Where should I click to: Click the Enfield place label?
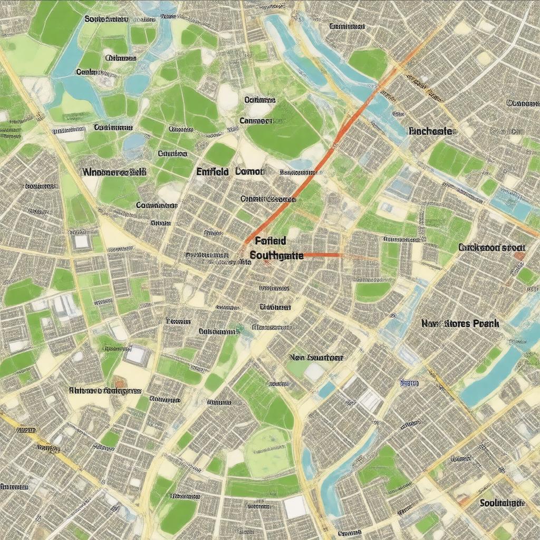[x=212, y=171]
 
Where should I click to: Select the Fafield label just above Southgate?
[x=270, y=241]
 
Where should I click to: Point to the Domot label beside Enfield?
[x=252, y=171]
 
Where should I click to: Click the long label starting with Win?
[x=114, y=171]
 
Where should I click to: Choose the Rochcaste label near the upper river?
[x=430, y=131]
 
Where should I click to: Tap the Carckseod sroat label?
[x=491, y=247]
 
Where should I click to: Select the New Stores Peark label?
[x=460, y=323]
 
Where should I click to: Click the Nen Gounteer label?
[x=316, y=357]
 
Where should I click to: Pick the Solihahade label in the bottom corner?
[x=502, y=503]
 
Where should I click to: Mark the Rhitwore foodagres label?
[x=105, y=390]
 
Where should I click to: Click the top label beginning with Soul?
[x=106, y=18]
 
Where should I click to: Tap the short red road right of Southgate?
[x=323, y=255]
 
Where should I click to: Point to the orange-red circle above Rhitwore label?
[x=119, y=381]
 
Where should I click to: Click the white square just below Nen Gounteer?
[x=314, y=372]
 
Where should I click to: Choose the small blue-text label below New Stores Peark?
[x=409, y=383]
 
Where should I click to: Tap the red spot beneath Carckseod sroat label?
[x=519, y=256]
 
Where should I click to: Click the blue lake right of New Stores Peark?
[x=496, y=369]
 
